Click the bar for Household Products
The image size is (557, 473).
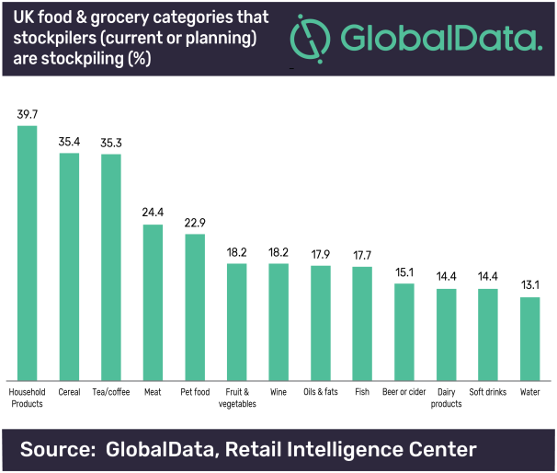click(27, 253)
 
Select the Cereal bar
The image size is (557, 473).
click(69, 267)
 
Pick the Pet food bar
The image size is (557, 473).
click(195, 307)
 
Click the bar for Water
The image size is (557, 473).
click(529, 339)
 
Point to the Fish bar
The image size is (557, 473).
click(362, 323)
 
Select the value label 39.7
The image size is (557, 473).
click(27, 114)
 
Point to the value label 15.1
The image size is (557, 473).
click(404, 272)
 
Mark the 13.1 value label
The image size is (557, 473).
click(529, 286)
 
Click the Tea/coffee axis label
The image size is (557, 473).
click(110, 392)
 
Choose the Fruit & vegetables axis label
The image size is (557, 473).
click(236, 398)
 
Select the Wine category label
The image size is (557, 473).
click(278, 392)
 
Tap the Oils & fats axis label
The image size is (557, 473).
click(321, 392)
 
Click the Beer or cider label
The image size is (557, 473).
click(404, 392)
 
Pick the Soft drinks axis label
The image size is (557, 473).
click(488, 392)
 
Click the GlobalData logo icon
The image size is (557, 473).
click(310, 40)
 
